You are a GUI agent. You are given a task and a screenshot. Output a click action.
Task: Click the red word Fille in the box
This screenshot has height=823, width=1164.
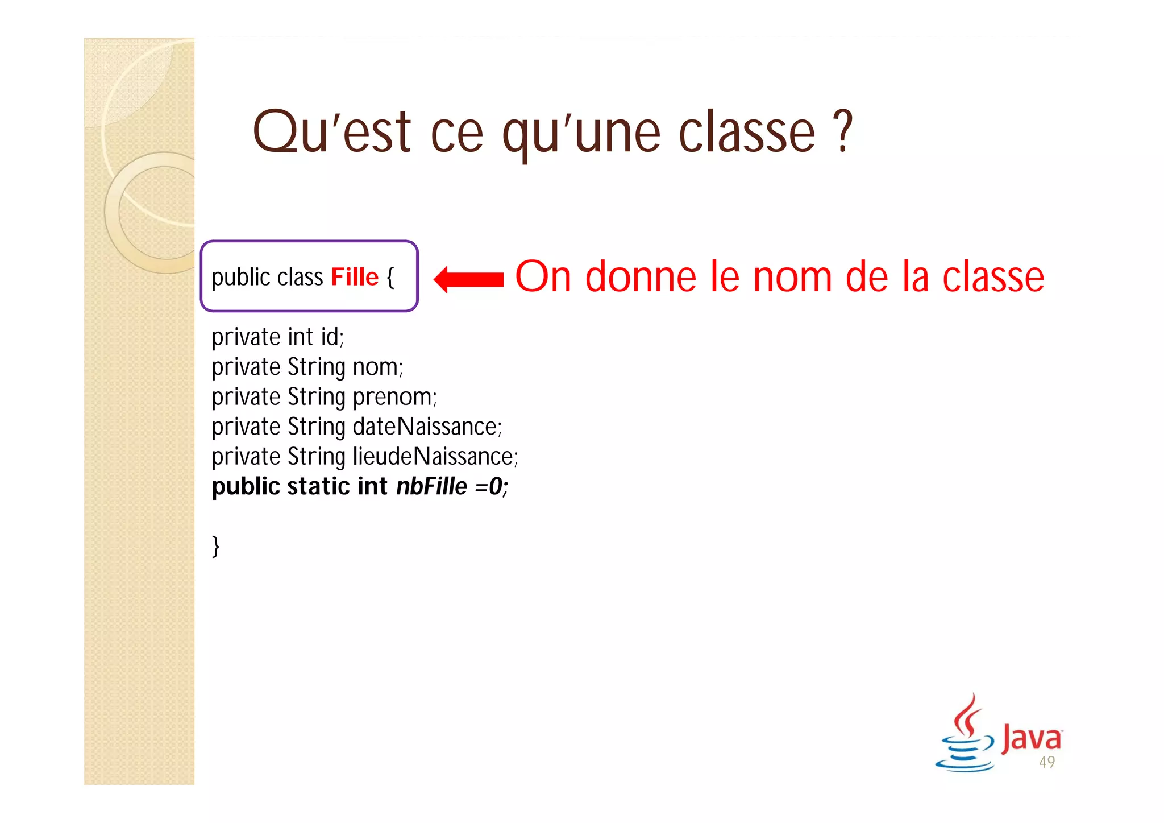coord(355,278)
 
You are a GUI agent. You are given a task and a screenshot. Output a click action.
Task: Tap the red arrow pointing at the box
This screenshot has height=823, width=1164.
coord(468,279)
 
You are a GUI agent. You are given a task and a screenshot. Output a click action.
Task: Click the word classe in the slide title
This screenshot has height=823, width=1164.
coord(747,133)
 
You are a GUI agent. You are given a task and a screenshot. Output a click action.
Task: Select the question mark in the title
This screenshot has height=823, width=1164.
coord(844,132)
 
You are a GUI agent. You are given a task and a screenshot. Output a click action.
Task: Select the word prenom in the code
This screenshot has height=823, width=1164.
coord(394,397)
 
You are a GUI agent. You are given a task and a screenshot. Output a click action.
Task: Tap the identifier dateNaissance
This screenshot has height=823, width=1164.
coord(427,427)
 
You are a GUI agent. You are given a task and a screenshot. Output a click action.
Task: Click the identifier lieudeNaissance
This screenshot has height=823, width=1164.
coord(435,457)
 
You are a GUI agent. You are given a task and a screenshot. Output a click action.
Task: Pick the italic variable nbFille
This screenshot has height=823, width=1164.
coord(431,487)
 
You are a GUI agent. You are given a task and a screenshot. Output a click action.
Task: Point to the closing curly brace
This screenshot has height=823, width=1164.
coord(215,546)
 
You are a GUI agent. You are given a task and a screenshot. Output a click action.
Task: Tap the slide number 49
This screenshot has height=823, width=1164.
coord(1047,762)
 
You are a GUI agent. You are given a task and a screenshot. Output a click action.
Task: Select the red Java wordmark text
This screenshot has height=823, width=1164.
coord(1031,738)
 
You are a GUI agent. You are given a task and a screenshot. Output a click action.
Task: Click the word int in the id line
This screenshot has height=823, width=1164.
coord(300,337)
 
